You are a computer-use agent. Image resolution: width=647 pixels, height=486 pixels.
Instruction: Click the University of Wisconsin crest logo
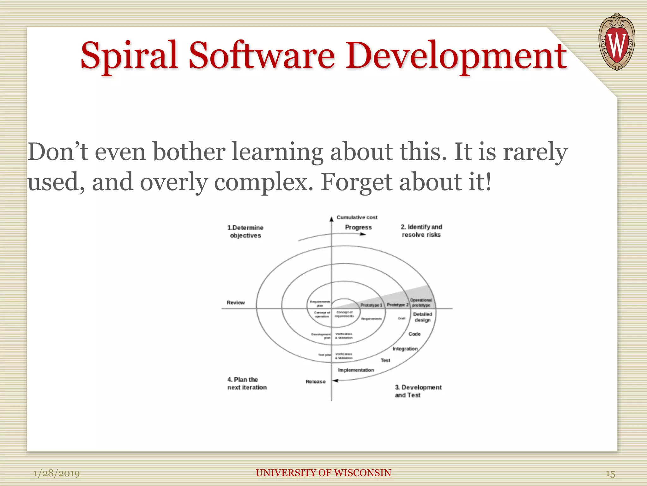click(616, 42)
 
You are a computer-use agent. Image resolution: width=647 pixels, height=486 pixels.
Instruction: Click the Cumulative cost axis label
click(357, 217)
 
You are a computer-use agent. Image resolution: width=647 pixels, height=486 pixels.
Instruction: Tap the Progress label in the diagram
click(358, 227)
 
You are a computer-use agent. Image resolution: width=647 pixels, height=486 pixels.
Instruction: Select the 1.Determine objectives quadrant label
click(245, 231)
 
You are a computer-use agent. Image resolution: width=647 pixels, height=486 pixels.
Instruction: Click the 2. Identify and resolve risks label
click(421, 231)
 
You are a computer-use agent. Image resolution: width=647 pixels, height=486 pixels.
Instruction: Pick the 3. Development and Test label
click(418, 391)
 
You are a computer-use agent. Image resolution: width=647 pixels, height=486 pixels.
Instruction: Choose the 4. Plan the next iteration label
click(247, 383)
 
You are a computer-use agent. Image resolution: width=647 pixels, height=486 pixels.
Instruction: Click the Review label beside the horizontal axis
click(235, 302)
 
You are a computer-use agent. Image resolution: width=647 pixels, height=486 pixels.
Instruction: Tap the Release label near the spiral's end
click(315, 382)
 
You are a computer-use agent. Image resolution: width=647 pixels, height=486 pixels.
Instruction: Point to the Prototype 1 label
click(371, 305)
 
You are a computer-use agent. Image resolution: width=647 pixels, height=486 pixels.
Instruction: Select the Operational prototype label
click(421, 302)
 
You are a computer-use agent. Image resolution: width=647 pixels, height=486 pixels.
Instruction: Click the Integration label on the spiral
click(405, 349)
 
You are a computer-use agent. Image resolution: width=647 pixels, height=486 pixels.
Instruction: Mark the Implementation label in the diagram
click(356, 370)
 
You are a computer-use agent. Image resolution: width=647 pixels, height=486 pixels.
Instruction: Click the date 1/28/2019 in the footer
click(57, 473)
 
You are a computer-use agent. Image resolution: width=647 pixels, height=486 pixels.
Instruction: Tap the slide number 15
click(610, 474)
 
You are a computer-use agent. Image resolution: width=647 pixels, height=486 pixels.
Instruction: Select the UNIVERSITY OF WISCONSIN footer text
click(323, 473)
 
